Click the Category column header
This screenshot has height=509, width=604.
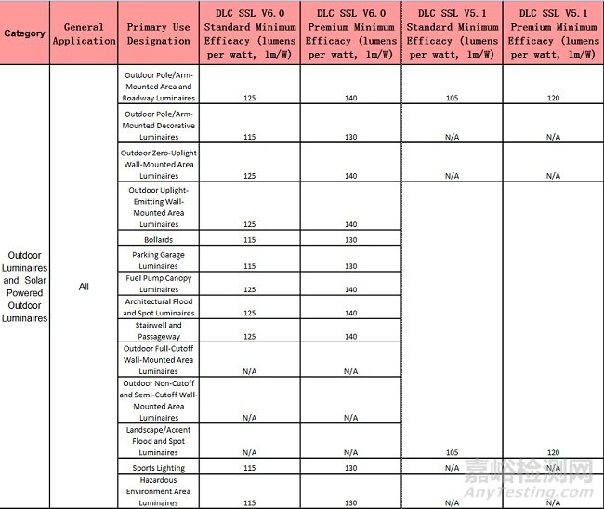point(24,33)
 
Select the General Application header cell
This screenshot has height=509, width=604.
point(84,33)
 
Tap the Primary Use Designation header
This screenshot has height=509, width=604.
point(158,33)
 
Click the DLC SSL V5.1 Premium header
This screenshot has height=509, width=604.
point(553,33)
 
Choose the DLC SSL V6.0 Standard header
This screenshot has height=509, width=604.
point(249,33)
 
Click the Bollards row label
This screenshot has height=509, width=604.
point(158,240)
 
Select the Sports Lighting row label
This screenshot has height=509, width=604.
point(158,468)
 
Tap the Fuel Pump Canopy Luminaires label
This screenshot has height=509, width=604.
point(158,284)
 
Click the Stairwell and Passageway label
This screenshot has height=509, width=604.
point(158,331)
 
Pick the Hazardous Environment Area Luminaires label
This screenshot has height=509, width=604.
point(158,491)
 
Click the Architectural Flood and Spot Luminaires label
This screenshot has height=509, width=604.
point(158,307)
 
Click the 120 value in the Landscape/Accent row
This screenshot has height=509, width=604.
point(553,452)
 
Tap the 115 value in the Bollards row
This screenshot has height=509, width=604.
point(249,240)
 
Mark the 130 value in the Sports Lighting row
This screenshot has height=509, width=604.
point(350,468)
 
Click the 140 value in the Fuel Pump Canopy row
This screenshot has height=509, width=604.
point(350,289)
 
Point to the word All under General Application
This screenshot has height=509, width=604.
point(84,287)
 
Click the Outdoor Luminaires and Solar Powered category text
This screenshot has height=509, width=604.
point(24,287)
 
